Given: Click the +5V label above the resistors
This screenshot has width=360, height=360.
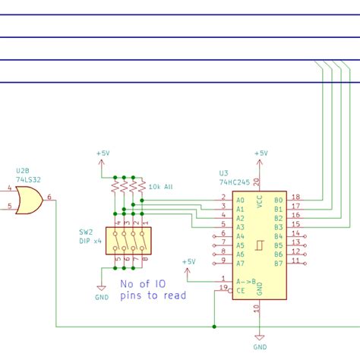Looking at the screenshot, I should (x=103, y=153).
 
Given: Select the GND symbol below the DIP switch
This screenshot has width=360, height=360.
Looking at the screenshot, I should (x=100, y=289).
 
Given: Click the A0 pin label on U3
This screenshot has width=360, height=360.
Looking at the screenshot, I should (x=241, y=200).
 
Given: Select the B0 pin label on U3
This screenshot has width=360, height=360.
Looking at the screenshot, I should (x=278, y=200).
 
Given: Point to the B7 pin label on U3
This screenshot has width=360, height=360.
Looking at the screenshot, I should (x=278, y=263).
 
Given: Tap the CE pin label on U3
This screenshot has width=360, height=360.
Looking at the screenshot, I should (x=241, y=289).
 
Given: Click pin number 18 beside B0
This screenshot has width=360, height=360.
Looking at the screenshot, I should (x=295, y=196).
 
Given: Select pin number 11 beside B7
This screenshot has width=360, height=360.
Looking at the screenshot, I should (x=295, y=260).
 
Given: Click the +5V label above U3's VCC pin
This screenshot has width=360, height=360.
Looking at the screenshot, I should (x=261, y=153).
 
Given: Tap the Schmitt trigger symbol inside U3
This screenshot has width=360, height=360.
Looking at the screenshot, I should (x=260, y=245).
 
